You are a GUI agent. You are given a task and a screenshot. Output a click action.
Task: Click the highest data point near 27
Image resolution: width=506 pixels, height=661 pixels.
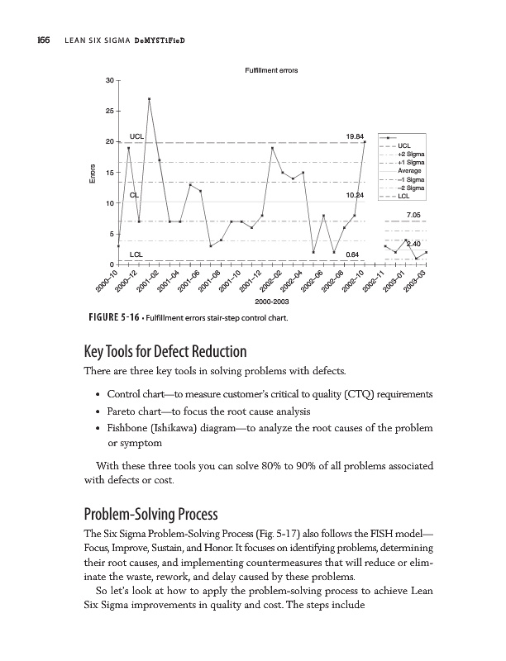(x=149, y=99)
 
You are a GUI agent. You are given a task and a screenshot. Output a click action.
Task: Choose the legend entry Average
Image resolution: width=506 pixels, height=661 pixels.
(x=410, y=171)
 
